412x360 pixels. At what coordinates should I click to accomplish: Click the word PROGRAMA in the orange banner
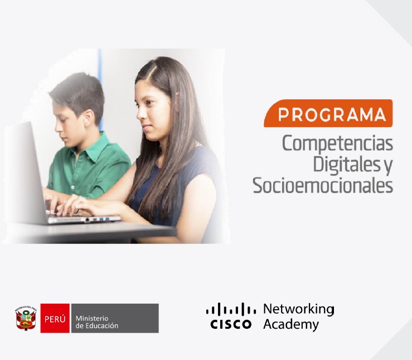coord(332,114)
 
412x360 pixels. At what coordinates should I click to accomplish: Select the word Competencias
coord(337,143)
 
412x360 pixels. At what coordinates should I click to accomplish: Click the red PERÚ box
coord(55,318)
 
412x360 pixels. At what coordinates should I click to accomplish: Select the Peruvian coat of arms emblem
coord(26,318)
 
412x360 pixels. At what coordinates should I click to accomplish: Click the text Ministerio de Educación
coord(97,322)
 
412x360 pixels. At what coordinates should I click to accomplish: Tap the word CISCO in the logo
coord(231,324)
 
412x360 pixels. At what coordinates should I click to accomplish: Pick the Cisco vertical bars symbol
coord(231,309)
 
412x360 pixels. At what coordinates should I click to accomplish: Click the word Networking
coord(299,310)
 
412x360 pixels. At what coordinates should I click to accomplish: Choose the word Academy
coord(291,324)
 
